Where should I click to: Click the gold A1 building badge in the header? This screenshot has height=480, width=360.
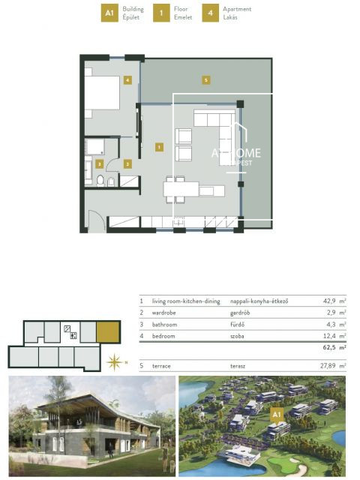(109, 13)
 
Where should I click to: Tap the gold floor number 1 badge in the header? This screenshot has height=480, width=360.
(160, 13)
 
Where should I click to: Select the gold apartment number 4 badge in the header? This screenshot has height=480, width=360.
(211, 13)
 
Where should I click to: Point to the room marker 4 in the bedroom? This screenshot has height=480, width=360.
(128, 79)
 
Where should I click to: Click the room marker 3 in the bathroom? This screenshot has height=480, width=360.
(99, 163)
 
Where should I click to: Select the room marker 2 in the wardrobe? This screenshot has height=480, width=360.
(127, 163)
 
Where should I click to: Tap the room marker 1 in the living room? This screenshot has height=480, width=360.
(159, 147)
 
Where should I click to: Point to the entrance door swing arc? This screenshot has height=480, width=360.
(95, 220)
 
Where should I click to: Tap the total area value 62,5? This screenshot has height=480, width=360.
(327, 348)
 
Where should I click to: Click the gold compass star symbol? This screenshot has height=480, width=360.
(115, 362)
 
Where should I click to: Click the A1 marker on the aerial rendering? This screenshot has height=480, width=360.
(276, 413)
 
